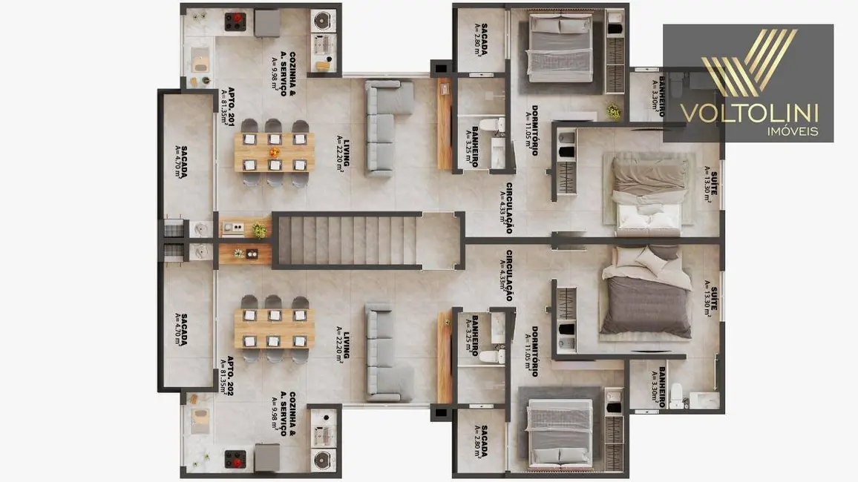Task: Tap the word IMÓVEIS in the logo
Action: point(792,131)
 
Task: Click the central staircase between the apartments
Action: point(348,240)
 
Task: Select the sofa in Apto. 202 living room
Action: point(387,353)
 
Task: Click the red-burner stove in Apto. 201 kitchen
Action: point(235,21)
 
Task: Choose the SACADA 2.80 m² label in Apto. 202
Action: point(482,441)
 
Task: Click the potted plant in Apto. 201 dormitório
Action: point(613,111)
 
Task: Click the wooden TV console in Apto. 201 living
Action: point(445,123)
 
